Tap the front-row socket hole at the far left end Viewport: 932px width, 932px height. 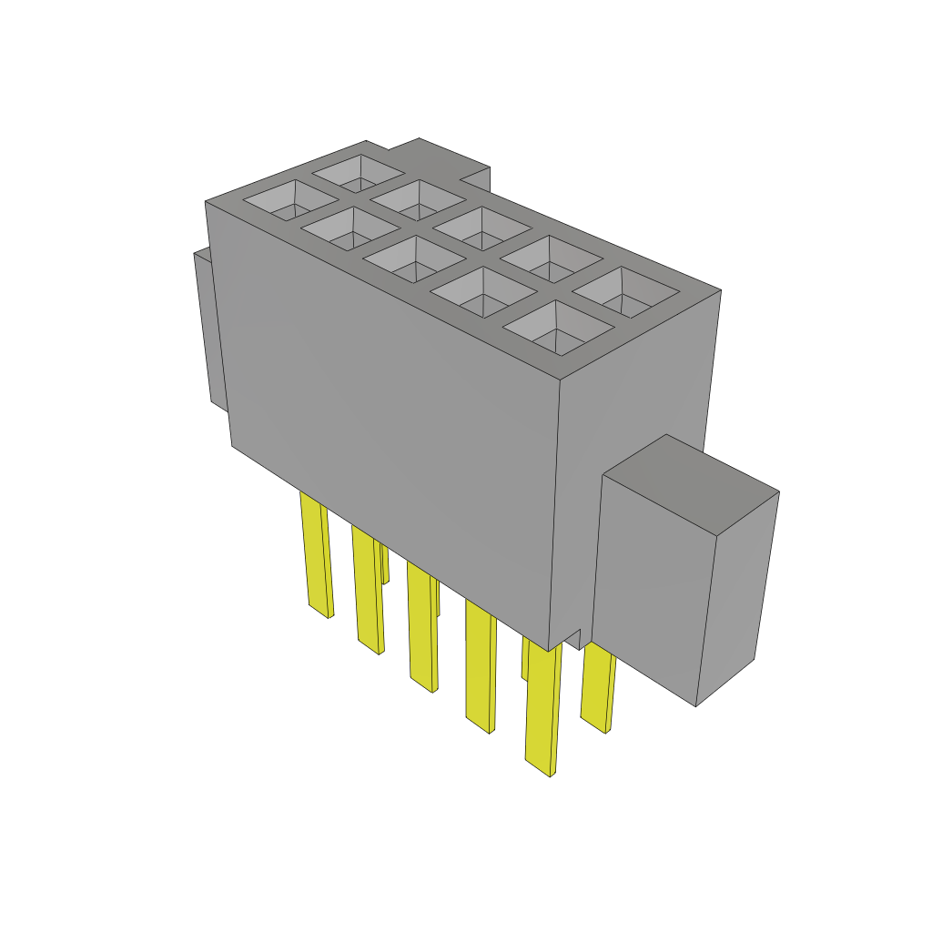point(282,200)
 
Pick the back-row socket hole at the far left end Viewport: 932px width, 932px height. point(358,170)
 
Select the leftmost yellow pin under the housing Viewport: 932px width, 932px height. point(316,555)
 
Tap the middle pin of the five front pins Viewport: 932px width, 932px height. point(421,628)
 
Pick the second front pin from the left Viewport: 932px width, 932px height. point(367,592)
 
